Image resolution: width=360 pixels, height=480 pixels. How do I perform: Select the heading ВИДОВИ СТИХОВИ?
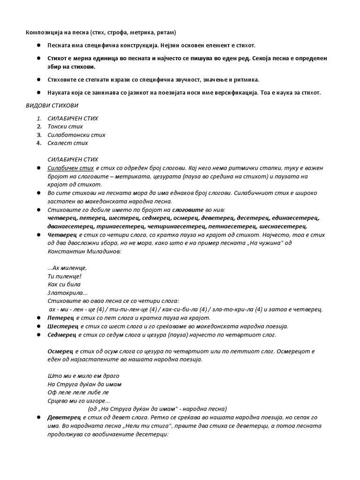[x=52, y=105]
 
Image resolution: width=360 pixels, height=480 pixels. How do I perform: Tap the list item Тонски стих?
[x=65, y=127]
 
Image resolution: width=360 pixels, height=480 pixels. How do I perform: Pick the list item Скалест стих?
[x=67, y=143]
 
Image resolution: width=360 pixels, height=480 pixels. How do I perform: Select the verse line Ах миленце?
[x=68, y=268]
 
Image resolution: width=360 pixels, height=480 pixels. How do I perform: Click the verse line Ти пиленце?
[x=65, y=276]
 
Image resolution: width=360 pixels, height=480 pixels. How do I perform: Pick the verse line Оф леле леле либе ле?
[x=78, y=391]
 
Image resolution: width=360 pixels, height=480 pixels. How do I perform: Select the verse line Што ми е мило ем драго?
[x=83, y=375]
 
